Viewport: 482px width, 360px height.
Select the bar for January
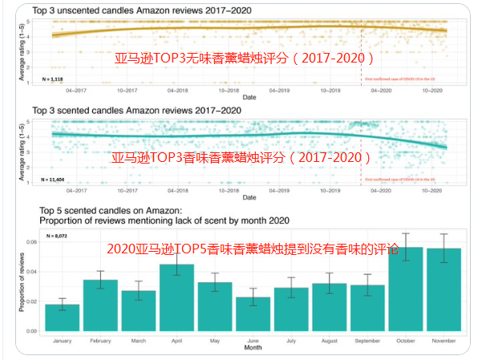pos(67,318)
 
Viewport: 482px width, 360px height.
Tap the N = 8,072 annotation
pos(59,235)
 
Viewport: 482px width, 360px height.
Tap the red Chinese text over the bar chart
pos(252,249)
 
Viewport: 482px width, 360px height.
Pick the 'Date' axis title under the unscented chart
pos(250,96)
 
